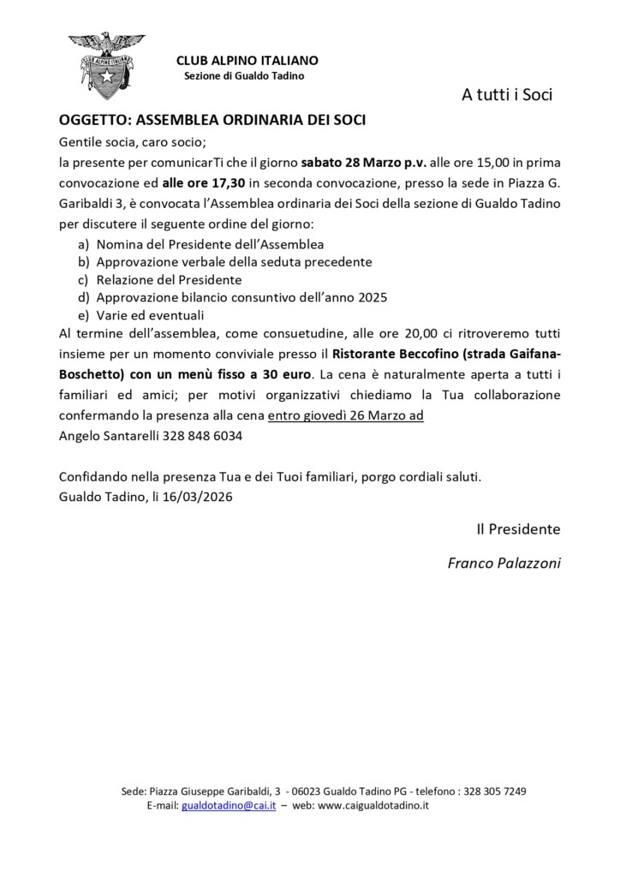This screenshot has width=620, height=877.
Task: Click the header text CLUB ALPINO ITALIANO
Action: point(247,60)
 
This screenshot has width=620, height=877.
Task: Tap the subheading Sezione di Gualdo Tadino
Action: point(244,76)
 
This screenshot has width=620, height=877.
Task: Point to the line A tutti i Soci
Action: point(507,95)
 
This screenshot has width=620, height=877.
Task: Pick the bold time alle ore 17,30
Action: point(203,182)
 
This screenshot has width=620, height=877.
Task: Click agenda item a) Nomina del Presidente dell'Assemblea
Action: point(210,244)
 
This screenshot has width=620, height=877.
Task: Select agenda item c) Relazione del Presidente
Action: point(169,279)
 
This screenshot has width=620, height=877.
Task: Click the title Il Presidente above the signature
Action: point(518,529)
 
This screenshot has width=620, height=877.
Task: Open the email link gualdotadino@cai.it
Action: point(229,806)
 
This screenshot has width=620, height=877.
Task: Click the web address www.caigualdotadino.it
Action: point(373,806)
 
